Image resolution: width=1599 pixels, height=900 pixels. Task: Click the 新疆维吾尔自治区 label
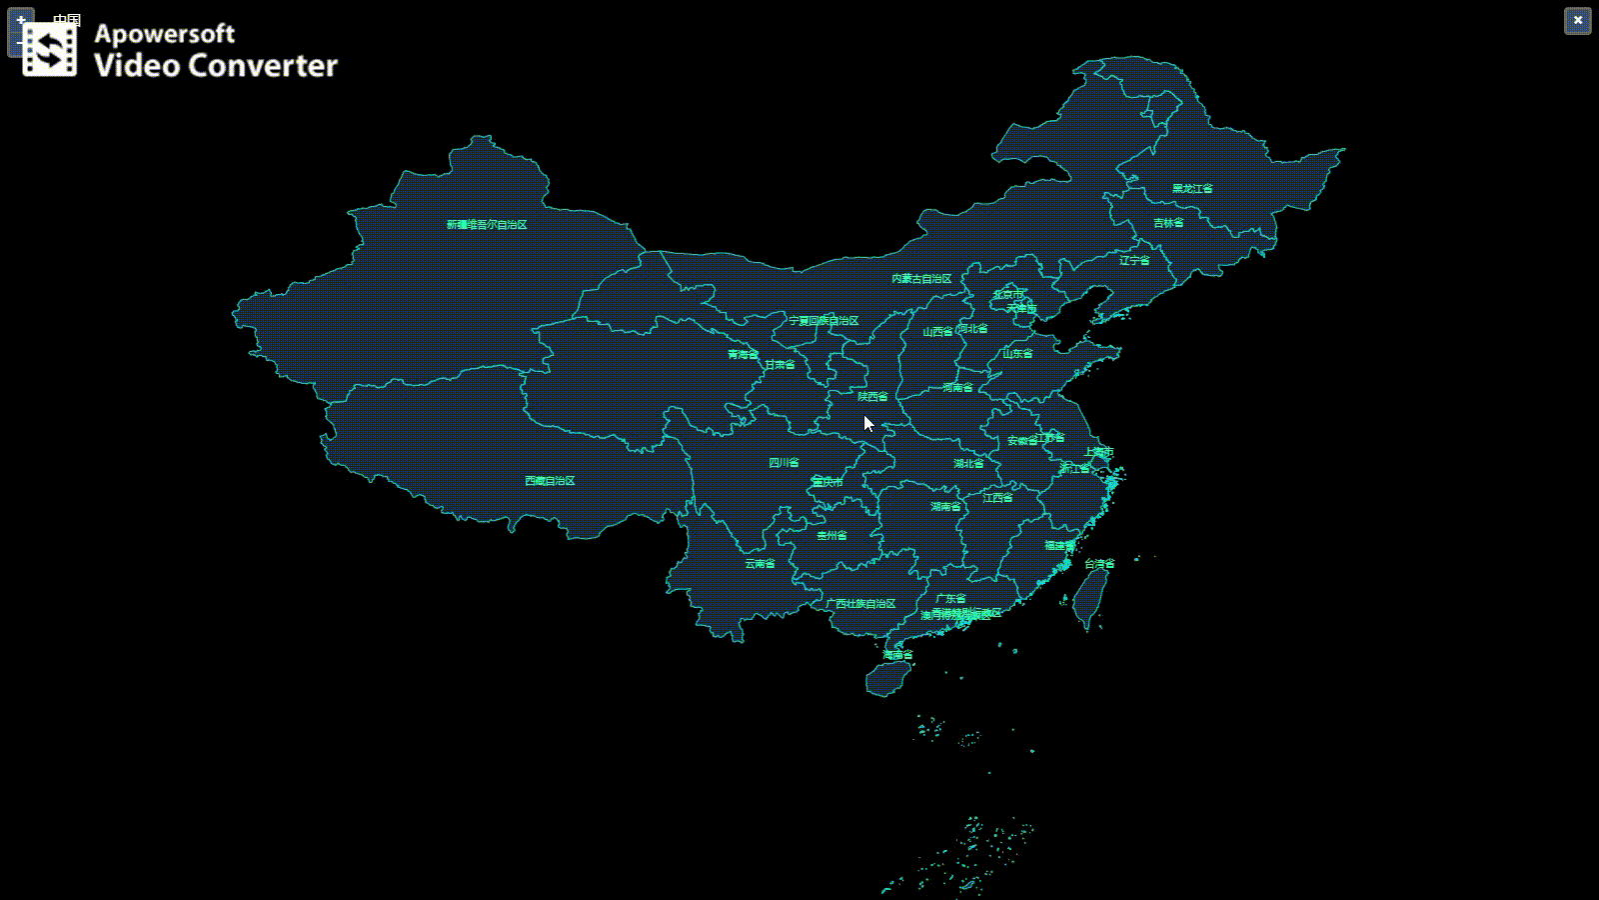point(487,225)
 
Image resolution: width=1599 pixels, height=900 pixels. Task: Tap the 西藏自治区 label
point(550,481)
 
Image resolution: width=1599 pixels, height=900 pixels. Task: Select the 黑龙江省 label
point(1192,189)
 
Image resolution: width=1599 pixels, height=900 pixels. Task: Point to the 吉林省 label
point(1168,223)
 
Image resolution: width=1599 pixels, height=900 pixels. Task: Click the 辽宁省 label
point(1134,261)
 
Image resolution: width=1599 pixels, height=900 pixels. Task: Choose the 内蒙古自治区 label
point(921,279)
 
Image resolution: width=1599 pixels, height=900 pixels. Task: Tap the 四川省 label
point(784,463)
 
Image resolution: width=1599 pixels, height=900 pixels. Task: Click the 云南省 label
point(760,564)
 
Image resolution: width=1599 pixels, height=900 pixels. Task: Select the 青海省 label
point(743,355)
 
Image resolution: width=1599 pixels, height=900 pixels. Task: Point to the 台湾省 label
point(1099,564)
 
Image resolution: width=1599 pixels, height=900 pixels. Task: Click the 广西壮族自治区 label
point(860,604)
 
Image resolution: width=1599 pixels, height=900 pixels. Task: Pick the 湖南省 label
point(945,507)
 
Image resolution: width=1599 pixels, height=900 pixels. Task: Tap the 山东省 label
point(1017,354)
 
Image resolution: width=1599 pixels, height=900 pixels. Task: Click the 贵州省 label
point(831,536)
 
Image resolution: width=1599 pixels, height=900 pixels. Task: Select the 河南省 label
point(957,388)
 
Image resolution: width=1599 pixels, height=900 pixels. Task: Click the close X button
point(1577,21)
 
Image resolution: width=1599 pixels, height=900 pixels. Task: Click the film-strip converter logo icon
point(50,49)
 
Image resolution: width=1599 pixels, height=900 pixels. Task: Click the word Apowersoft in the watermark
point(165,34)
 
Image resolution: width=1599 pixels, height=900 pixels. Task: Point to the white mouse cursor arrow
point(868,423)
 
